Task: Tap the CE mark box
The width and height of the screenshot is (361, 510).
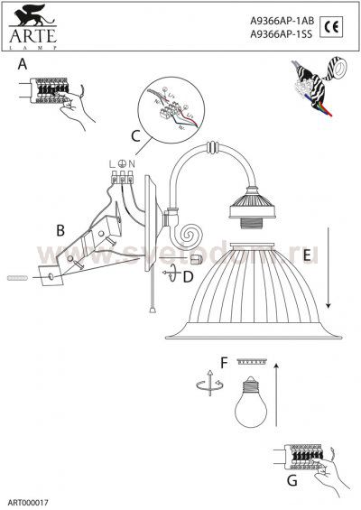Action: click(x=329, y=24)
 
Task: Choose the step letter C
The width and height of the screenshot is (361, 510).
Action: click(x=136, y=137)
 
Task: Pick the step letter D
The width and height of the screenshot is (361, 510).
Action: click(x=188, y=276)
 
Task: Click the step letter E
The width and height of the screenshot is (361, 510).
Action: click(x=307, y=255)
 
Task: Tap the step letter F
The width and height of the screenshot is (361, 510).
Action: click(x=224, y=364)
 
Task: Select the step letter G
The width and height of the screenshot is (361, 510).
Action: click(x=292, y=480)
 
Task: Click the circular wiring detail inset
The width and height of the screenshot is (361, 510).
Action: click(x=174, y=109)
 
